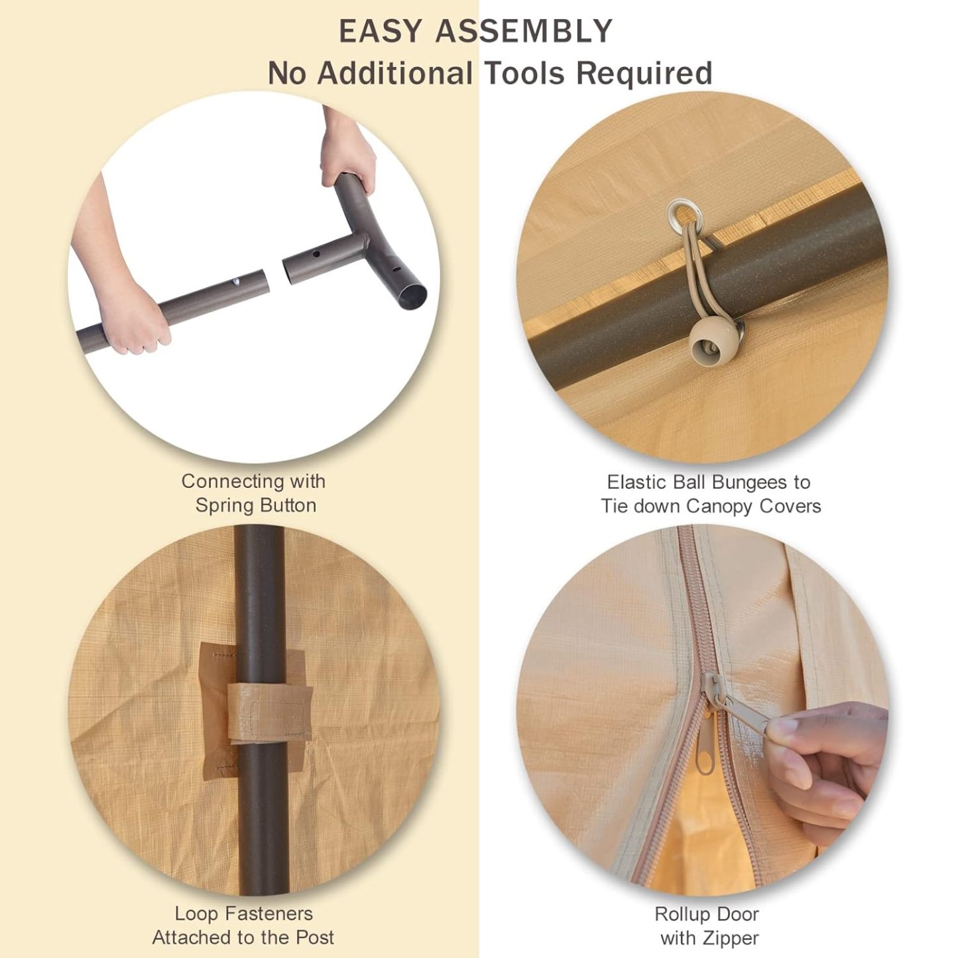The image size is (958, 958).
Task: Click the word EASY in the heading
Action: (x=380, y=30)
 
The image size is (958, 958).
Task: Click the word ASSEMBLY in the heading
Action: (x=524, y=30)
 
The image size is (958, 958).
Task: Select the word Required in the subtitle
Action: (x=644, y=74)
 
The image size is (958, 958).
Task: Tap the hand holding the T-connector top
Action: (x=345, y=154)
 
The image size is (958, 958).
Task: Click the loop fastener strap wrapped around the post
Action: (x=269, y=711)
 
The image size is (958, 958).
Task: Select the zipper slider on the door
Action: (x=713, y=690)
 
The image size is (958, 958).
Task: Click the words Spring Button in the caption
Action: (x=255, y=506)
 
